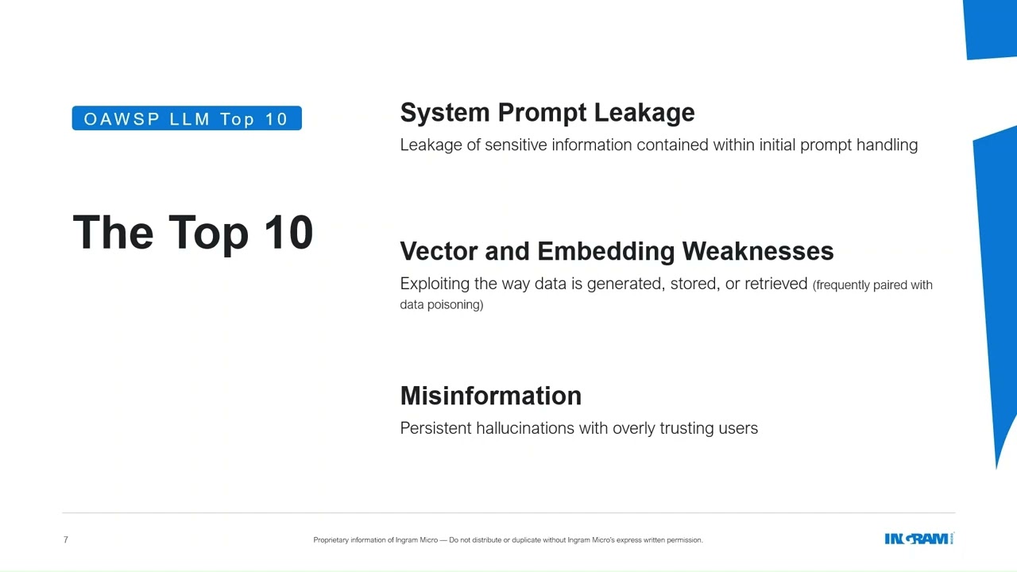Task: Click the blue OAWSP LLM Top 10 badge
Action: pyautogui.click(x=187, y=118)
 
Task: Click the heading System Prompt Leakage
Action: pyautogui.click(x=547, y=113)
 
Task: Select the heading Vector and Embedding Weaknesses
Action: pyautogui.click(x=617, y=251)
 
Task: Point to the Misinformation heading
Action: pyautogui.click(x=490, y=396)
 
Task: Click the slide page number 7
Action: pyautogui.click(x=66, y=540)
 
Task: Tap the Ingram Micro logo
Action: pyautogui.click(x=918, y=539)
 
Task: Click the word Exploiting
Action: pyautogui.click(x=435, y=284)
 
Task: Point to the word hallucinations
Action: pyautogui.click(x=525, y=428)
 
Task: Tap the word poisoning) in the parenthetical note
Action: pyautogui.click(x=455, y=304)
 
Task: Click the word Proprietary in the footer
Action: pyautogui.click(x=333, y=540)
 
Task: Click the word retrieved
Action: pyautogui.click(x=775, y=284)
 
